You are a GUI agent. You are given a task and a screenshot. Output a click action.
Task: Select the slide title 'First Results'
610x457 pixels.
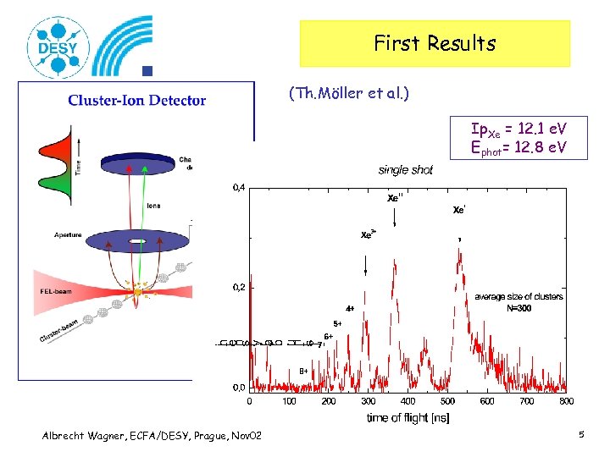(x=435, y=43)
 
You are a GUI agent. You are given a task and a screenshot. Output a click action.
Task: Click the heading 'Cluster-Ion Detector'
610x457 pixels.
(x=137, y=100)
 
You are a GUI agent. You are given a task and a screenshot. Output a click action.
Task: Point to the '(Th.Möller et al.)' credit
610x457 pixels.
(x=348, y=93)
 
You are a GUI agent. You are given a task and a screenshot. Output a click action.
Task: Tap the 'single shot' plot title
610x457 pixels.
(x=405, y=170)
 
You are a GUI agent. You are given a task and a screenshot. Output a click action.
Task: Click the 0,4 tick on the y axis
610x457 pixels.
(x=239, y=188)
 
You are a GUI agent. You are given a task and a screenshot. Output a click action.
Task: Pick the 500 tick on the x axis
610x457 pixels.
(x=446, y=401)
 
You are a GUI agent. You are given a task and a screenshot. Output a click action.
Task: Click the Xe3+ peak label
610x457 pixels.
(x=369, y=234)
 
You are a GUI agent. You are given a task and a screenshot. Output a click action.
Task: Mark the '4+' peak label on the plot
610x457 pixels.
(x=350, y=309)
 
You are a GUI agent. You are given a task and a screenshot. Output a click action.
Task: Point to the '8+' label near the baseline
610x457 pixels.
(x=302, y=371)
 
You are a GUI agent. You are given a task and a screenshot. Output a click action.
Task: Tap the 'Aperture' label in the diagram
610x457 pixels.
(x=69, y=234)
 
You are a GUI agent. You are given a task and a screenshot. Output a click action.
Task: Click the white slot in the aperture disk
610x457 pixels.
(x=135, y=241)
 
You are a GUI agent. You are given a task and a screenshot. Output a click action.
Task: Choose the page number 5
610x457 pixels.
(x=582, y=435)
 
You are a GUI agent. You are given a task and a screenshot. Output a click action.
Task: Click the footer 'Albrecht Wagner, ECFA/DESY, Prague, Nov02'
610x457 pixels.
(x=152, y=435)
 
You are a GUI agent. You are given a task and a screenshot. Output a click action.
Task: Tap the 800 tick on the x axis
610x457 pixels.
(x=566, y=401)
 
